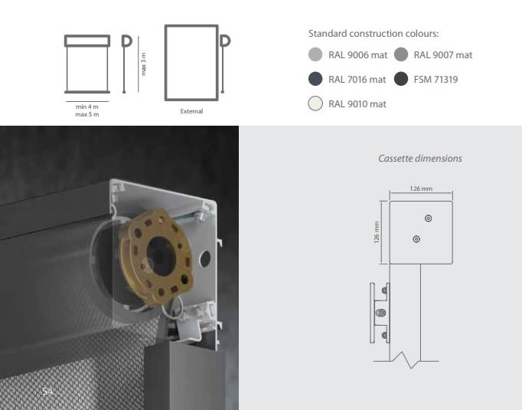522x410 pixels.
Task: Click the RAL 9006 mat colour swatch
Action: click(x=315, y=54)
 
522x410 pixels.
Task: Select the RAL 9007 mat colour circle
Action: click(x=401, y=54)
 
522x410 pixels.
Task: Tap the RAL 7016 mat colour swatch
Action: click(x=315, y=79)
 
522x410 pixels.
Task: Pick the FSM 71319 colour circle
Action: click(x=401, y=79)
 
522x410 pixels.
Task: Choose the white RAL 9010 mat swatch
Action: click(x=315, y=103)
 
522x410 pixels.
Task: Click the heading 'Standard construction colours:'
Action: click(x=374, y=34)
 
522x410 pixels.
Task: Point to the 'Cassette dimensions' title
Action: click(x=420, y=159)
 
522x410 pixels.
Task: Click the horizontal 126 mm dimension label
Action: click(x=421, y=189)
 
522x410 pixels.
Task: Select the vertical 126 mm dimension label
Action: click(x=377, y=232)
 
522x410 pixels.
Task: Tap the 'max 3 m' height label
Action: click(x=143, y=64)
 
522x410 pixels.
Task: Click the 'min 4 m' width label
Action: click(x=87, y=107)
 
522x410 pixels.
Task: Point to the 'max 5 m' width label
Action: click(x=87, y=114)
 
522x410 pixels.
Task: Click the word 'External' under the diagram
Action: click(x=191, y=111)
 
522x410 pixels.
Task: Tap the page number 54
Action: click(x=47, y=392)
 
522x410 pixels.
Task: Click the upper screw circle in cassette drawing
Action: click(x=429, y=218)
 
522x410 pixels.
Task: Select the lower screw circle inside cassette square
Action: click(x=416, y=239)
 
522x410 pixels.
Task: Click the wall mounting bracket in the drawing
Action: click(x=380, y=313)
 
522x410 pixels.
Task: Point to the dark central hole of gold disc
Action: click(x=161, y=256)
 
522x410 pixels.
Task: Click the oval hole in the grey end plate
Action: click(x=204, y=259)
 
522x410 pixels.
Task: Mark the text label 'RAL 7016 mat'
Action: click(x=357, y=80)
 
